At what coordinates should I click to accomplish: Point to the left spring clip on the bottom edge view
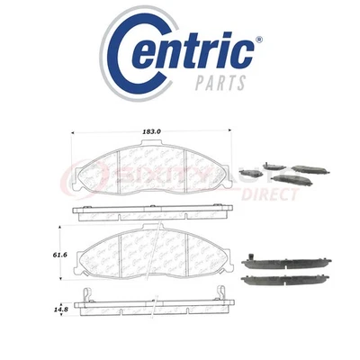[85, 298]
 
